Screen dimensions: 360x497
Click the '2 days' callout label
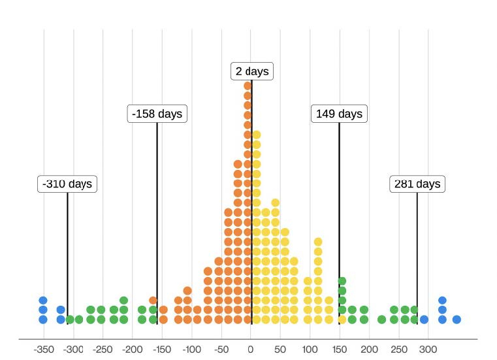point(252,71)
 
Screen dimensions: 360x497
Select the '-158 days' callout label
point(157,114)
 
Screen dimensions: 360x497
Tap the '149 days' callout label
point(339,114)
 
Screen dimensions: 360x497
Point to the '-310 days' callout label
point(67,184)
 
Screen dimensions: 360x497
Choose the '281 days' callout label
point(417,184)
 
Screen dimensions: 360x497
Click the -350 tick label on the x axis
point(43,349)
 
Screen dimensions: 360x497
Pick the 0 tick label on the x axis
point(251,349)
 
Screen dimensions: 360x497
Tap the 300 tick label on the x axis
point(428,349)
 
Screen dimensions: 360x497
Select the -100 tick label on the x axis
point(191,349)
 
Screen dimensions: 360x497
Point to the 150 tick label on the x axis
point(340,349)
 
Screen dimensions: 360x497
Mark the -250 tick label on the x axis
point(103,349)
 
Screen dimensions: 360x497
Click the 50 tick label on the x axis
point(281,349)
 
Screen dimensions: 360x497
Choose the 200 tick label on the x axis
point(369,349)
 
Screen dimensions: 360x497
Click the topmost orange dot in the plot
point(248,86)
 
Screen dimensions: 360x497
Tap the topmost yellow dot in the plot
point(257,135)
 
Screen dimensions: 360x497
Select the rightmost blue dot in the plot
point(457,319)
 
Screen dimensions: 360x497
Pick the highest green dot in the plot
point(342,281)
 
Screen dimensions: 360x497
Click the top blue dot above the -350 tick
point(43,301)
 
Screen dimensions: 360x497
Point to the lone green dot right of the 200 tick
point(381,319)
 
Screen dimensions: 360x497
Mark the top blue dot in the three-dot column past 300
point(442,301)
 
